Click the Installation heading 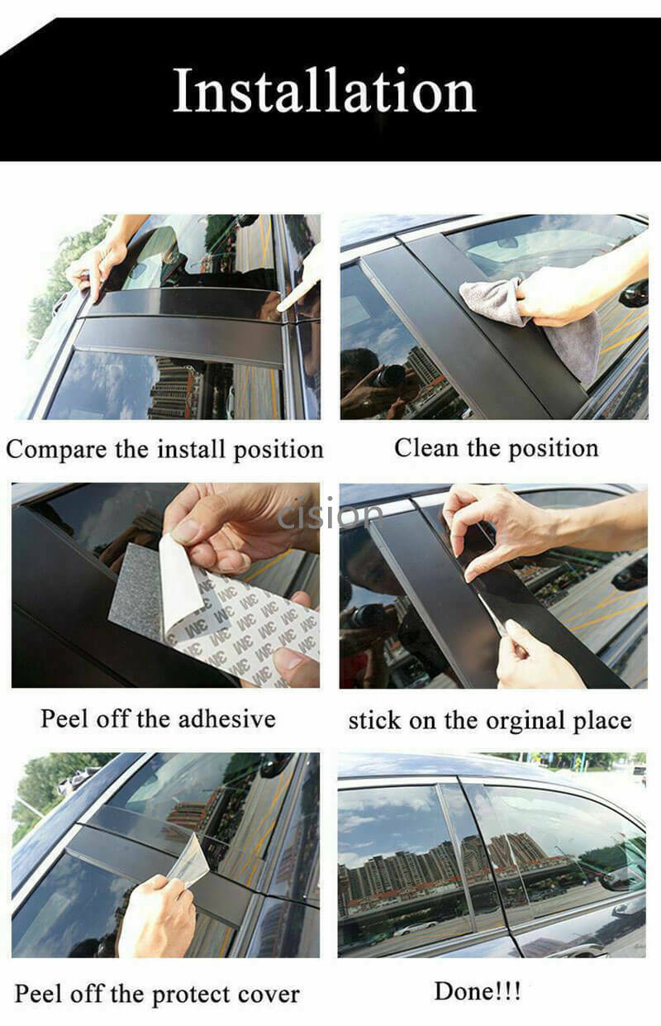point(325,90)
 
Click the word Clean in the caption point(426,447)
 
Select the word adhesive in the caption point(226,718)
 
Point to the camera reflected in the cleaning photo point(388,376)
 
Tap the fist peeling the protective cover point(155,916)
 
